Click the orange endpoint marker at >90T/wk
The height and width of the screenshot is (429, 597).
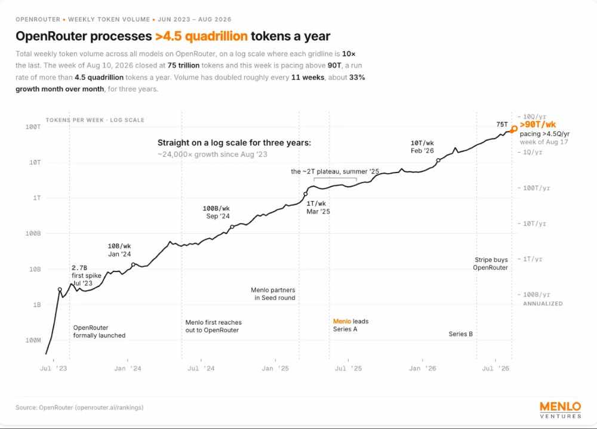point(514,129)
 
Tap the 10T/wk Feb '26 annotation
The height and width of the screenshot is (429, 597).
point(422,147)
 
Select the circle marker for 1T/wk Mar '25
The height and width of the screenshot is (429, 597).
point(305,194)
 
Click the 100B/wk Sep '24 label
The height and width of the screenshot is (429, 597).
point(216,212)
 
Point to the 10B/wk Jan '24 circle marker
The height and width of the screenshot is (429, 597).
point(133,264)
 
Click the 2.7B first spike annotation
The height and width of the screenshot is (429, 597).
point(87,276)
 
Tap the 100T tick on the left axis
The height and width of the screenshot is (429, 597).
point(33,126)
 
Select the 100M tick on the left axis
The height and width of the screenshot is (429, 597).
point(33,340)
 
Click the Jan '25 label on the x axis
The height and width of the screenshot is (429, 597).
point(275,369)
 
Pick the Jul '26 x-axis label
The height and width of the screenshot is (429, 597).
point(496,369)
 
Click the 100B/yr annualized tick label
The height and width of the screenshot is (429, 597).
point(537,295)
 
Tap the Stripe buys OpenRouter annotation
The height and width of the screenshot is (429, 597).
point(491,263)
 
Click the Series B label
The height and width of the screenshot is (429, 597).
point(461,334)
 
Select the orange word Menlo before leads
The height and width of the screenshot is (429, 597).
point(342,321)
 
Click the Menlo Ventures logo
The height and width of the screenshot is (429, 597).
point(561,410)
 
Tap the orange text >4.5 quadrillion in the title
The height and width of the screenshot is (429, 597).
point(201,36)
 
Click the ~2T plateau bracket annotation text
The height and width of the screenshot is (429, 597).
point(335,171)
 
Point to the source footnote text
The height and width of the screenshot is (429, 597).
point(79,408)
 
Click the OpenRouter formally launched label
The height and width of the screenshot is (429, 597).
point(99,332)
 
